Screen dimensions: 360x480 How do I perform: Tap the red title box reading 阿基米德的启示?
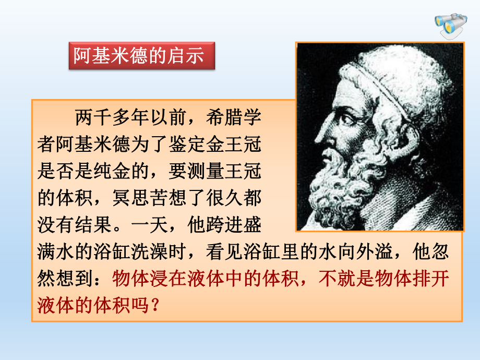pyautogui.click(x=142, y=56)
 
